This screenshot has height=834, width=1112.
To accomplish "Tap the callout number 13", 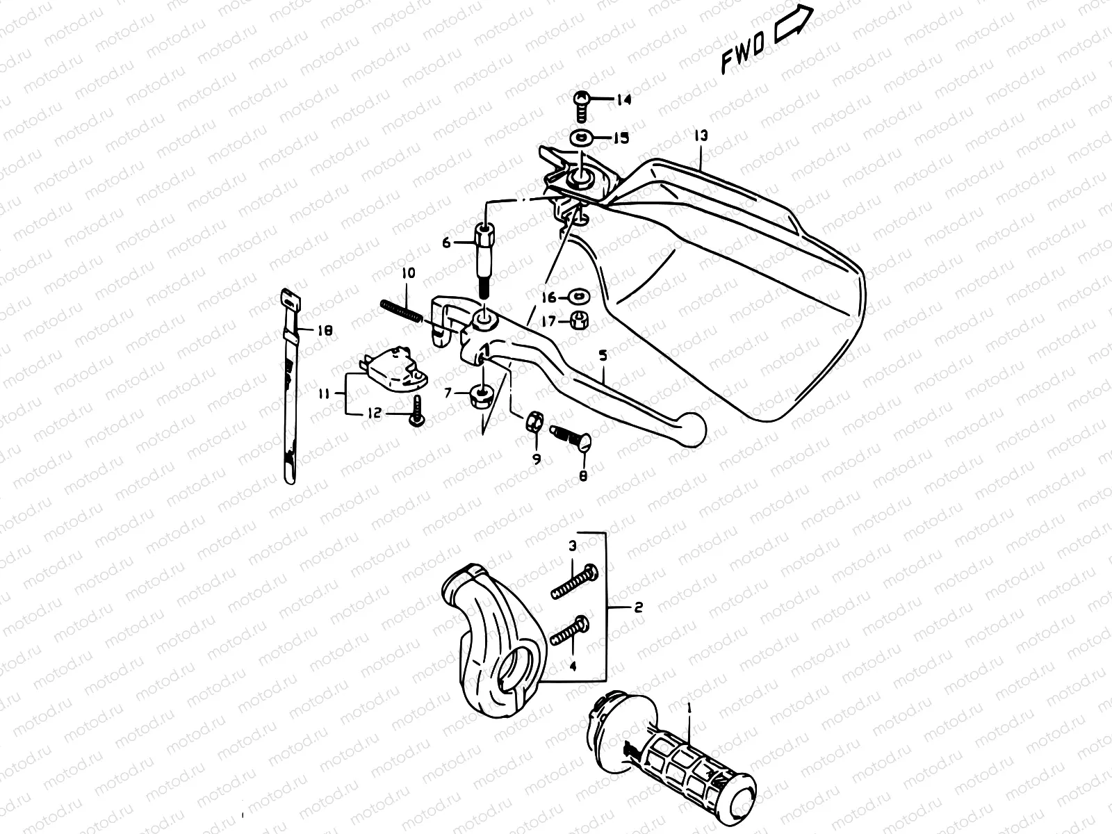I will click(x=700, y=135).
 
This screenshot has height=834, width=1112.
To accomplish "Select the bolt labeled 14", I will click(x=582, y=106).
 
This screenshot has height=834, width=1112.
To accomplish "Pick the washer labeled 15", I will click(x=581, y=138).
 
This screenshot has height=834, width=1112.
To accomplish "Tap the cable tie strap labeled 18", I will click(x=291, y=382).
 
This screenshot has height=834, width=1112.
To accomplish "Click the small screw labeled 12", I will click(x=417, y=411).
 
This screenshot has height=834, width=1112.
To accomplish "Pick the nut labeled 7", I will click(x=481, y=397).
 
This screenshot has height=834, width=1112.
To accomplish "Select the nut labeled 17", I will click(x=579, y=320).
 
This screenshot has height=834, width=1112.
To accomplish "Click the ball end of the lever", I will click(x=692, y=428).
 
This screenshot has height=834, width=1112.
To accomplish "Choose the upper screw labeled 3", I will click(x=573, y=581).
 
